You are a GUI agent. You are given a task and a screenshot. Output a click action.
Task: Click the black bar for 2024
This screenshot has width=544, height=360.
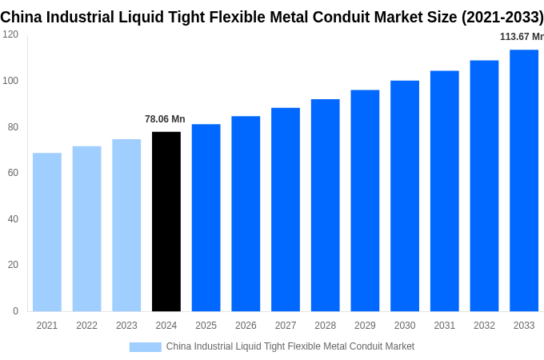(166, 222)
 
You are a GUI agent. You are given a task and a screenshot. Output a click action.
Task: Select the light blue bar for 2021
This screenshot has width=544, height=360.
(47, 232)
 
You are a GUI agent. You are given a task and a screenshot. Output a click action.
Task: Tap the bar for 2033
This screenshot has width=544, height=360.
(524, 180)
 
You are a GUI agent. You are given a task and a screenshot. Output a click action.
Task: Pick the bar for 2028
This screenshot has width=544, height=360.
(326, 205)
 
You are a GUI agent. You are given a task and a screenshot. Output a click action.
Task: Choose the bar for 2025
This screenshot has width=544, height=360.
(206, 218)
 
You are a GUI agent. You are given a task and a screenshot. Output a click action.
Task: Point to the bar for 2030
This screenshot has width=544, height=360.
(405, 196)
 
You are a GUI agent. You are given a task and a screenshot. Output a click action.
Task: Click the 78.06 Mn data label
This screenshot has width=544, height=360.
(165, 119)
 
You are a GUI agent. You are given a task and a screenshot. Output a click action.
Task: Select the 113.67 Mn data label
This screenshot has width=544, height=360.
(521, 37)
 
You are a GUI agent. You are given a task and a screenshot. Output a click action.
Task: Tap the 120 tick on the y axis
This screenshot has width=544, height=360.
(10, 34)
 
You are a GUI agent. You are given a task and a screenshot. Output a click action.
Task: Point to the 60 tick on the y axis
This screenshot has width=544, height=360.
(13, 173)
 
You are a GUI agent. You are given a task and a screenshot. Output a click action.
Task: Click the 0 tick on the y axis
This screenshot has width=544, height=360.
(15, 311)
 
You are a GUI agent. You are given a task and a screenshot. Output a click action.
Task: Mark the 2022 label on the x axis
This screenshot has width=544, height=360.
(86, 326)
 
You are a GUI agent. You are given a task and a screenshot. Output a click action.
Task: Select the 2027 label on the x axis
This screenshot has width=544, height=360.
(286, 326)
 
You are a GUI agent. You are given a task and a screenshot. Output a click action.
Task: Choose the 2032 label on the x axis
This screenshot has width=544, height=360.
(484, 326)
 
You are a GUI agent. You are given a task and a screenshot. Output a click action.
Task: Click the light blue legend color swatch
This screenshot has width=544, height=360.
(145, 346)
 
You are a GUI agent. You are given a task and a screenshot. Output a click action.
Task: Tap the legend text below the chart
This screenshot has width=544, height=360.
(290, 346)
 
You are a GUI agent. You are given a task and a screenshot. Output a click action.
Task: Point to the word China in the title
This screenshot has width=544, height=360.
(22, 17)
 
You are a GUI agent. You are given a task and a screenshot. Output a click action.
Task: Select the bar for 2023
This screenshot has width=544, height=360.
(126, 225)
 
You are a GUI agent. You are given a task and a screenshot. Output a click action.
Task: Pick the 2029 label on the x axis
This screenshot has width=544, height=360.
(365, 326)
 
